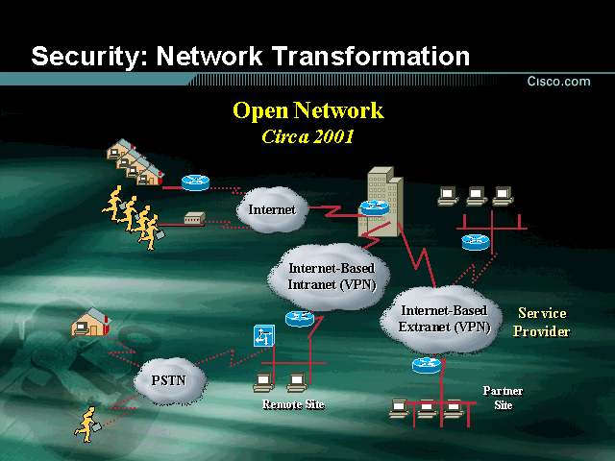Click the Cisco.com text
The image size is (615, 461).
558,82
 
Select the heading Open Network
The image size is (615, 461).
307,110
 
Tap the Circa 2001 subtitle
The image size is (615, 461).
307,136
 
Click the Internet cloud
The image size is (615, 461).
272,209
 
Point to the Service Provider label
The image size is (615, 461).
541,323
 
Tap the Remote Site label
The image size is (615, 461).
293,404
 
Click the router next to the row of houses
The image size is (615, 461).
195,182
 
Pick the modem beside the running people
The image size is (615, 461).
194,220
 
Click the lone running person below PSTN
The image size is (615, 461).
87,424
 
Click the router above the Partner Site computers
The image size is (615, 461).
427,365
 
